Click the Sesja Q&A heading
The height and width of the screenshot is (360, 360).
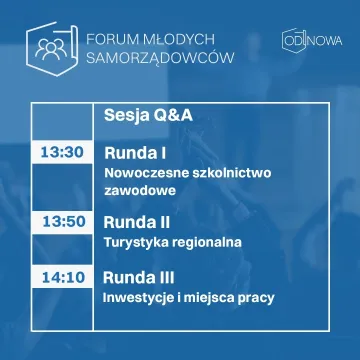(149, 116)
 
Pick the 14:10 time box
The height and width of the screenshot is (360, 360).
(61, 276)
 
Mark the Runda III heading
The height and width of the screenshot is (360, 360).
(141, 276)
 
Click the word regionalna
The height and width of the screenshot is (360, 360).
(208, 242)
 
